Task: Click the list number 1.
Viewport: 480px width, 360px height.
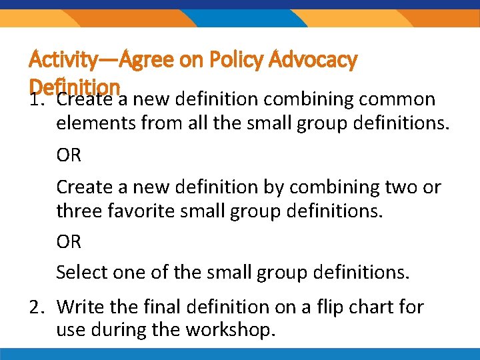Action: click(x=37, y=101)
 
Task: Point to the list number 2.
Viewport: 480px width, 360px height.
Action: click(x=37, y=307)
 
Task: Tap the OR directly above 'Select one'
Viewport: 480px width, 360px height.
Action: click(x=69, y=241)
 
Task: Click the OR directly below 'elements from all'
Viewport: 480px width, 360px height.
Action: click(x=69, y=155)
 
